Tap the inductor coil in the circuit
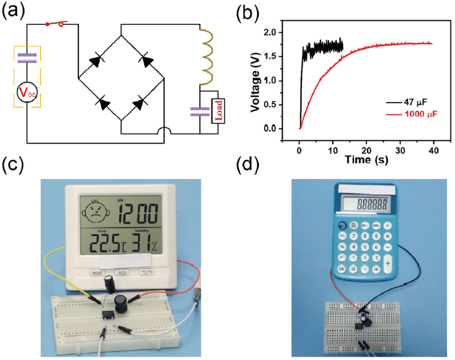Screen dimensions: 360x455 (207, 55)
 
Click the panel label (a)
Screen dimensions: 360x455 (12, 11)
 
